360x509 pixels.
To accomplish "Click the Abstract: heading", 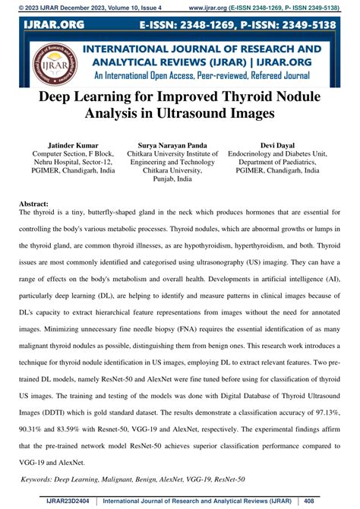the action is (x=33, y=205).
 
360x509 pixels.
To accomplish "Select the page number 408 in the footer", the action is (x=330, y=501).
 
